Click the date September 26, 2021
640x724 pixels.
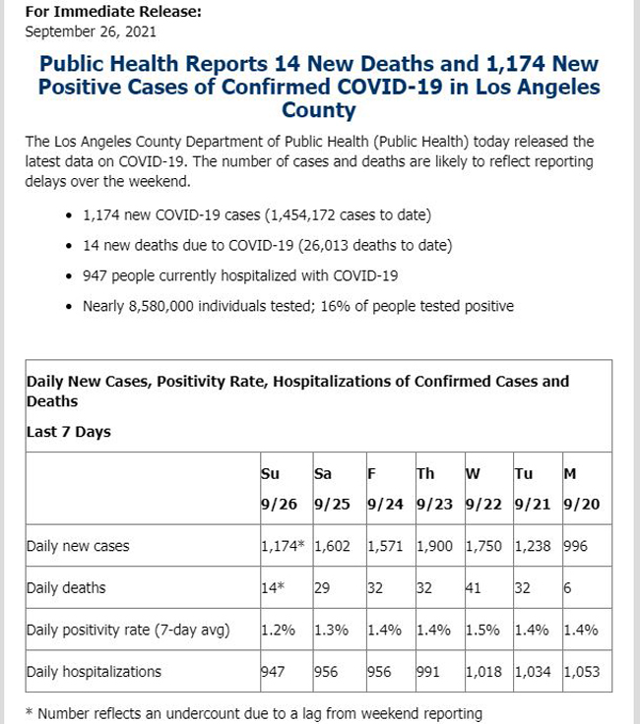[x=91, y=31]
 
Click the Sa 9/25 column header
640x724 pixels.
[x=332, y=489]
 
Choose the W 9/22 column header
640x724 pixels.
[x=483, y=489]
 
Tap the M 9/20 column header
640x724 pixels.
[x=581, y=489]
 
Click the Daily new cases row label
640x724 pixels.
[x=78, y=546]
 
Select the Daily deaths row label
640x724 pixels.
[x=66, y=588]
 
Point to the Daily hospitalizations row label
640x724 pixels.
[x=94, y=671]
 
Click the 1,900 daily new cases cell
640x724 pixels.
[x=434, y=546]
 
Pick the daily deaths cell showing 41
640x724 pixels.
[x=474, y=588]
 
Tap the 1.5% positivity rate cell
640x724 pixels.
[x=482, y=630]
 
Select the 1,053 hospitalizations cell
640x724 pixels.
[x=581, y=671]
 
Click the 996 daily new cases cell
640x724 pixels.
[x=575, y=546]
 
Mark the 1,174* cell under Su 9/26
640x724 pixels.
[x=283, y=546]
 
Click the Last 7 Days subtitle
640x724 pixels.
[x=68, y=432]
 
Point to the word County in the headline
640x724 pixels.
[x=319, y=110]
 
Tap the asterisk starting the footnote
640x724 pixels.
[x=29, y=712]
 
